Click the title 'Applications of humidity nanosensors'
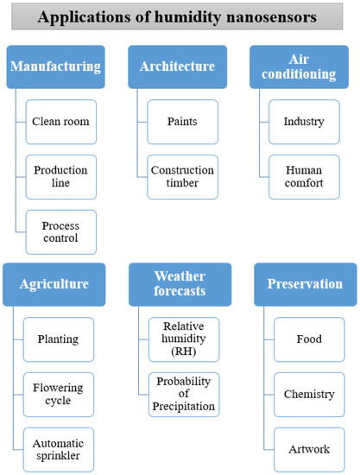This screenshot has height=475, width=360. [x=180, y=16]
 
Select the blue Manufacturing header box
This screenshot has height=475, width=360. [x=54, y=66]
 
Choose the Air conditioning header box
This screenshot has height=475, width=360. [x=303, y=66]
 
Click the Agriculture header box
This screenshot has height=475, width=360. [x=54, y=284]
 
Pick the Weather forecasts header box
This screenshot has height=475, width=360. [x=180, y=284]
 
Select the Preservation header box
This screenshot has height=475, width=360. [x=305, y=284]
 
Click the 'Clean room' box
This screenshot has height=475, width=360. [x=61, y=122]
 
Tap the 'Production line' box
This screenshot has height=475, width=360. [x=61, y=177]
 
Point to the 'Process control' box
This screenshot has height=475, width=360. [x=61, y=231]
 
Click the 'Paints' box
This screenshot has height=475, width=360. [x=182, y=122]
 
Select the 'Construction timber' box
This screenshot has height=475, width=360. [x=182, y=177]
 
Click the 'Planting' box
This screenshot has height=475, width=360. [x=61, y=339]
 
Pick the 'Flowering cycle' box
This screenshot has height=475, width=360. [x=61, y=394]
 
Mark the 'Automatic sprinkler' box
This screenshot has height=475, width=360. [x=61, y=448]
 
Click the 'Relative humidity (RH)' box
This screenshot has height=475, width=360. [x=182, y=339]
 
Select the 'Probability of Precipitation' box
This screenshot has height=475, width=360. [x=182, y=394]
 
